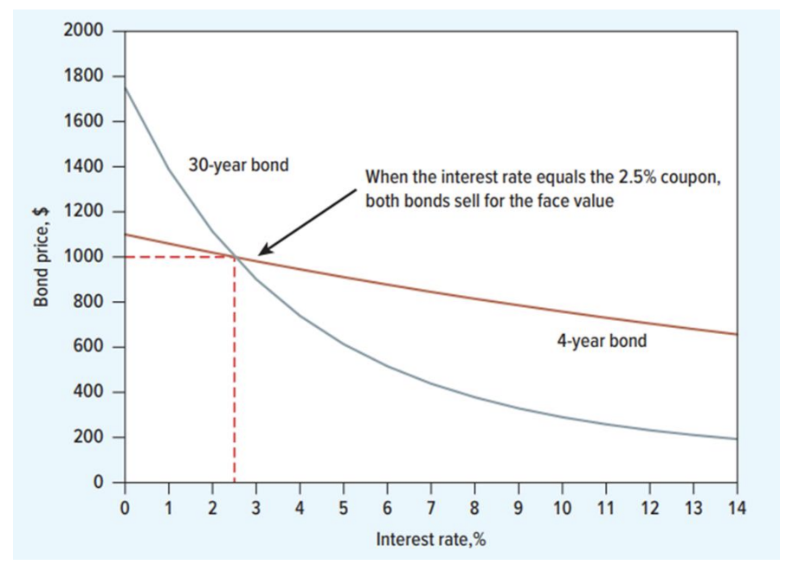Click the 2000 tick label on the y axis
pyautogui.click(x=84, y=31)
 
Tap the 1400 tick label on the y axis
pyautogui.click(x=84, y=166)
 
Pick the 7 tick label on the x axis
pyautogui.click(x=431, y=507)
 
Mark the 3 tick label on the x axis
pyautogui.click(x=256, y=507)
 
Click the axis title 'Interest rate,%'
pyautogui.click(x=431, y=540)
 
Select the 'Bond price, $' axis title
pyautogui.click(x=41, y=257)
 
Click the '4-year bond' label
pyautogui.click(x=601, y=341)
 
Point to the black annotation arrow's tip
pyautogui.click(x=258, y=253)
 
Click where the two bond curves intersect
pyautogui.click(x=235, y=257)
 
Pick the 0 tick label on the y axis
pyautogui.click(x=99, y=482)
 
